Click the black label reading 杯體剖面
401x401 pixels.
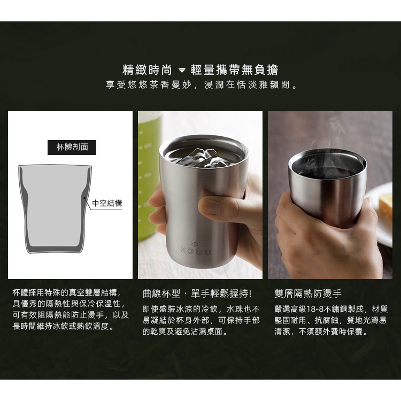click(72, 148)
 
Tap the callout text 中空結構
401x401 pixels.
click(107, 203)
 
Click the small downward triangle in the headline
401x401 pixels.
click(182, 70)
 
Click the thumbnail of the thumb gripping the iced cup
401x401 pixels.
click(210, 206)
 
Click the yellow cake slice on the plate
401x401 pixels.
click(386, 205)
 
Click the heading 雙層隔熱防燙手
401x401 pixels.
click(308, 294)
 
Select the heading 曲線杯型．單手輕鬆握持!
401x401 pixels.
click(197, 294)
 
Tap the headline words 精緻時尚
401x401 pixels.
click(148, 70)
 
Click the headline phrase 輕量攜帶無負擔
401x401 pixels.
click(234, 70)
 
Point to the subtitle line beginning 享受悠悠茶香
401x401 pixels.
click(202, 84)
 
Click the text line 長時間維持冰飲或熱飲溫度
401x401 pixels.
click(63, 326)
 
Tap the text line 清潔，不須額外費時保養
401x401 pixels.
click(321, 332)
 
